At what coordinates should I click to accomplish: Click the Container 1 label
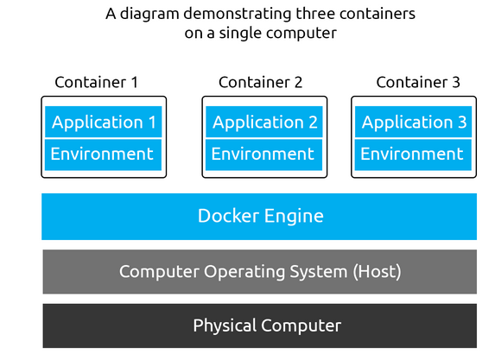coord(97,82)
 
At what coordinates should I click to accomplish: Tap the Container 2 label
coord(260,82)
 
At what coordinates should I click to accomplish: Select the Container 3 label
coord(418,82)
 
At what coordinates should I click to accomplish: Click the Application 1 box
coord(103,122)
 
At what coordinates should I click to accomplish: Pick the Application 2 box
coord(264,122)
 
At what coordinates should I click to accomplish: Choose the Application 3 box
coord(413,122)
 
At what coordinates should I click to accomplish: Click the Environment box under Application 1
coord(103,155)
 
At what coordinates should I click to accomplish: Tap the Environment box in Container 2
coord(264,155)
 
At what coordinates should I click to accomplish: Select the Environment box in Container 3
coord(413,155)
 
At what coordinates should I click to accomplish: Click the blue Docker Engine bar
coord(259,217)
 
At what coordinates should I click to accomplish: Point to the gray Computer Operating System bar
coord(260,272)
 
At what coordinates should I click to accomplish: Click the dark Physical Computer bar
coord(260,325)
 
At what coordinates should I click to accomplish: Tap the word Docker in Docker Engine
coord(229,216)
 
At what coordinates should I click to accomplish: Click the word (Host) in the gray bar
coord(377,271)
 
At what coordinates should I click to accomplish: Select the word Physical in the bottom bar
coord(225,325)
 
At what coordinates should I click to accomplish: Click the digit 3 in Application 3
coord(462,122)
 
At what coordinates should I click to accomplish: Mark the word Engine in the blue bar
coord(294,217)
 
